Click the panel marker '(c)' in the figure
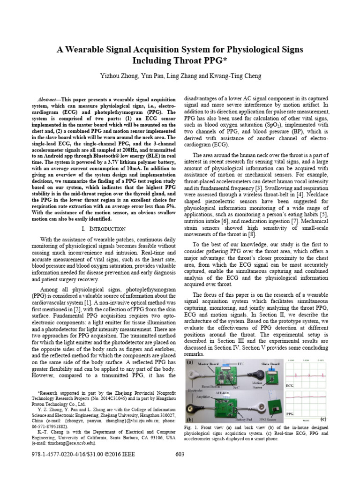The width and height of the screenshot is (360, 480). (x=323, y=418)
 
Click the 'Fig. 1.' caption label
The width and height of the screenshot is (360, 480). (x=192, y=427)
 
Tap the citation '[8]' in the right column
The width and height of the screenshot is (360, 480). (x=252, y=233)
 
